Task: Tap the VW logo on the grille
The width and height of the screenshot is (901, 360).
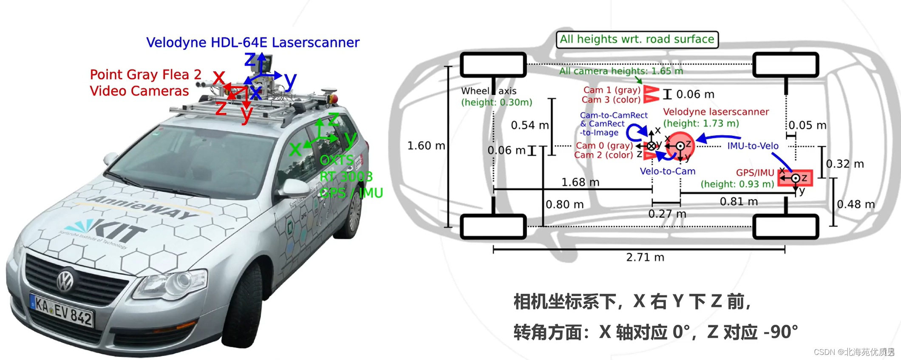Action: pyautogui.click(x=65, y=281)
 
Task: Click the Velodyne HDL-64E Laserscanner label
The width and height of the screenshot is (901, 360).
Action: pyautogui.click(x=252, y=43)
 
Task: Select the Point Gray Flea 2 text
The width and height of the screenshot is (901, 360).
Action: pyautogui.click(x=145, y=75)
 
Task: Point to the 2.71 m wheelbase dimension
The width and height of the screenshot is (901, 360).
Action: pyautogui.click(x=645, y=257)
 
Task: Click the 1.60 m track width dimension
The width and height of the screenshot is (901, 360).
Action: pyautogui.click(x=426, y=146)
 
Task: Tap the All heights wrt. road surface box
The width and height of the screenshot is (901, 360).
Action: pyautogui.click(x=637, y=40)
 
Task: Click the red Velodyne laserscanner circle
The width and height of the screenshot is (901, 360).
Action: pyautogui.click(x=680, y=146)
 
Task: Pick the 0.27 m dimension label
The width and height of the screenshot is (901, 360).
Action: pyautogui.click(x=667, y=214)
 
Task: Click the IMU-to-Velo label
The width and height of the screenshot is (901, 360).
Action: pyautogui.click(x=753, y=146)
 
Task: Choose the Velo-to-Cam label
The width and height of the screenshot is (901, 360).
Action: pyautogui.click(x=667, y=171)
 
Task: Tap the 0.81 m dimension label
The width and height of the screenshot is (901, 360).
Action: pyautogui.click(x=739, y=201)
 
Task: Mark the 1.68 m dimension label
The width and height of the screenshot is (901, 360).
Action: pyautogui.click(x=580, y=182)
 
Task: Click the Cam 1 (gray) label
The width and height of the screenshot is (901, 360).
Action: pyautogui.click(x=612, y=90)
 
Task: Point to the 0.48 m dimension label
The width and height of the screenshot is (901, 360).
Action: pyautogui.click(x=856, y=204)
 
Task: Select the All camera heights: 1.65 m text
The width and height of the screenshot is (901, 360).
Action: pyautogui.click(x=621, y=71)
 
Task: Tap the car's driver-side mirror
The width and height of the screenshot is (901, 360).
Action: pyautogui.click(x=294, y=187)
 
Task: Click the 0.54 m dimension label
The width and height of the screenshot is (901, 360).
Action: pyautogui.click(x=530, y=125)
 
